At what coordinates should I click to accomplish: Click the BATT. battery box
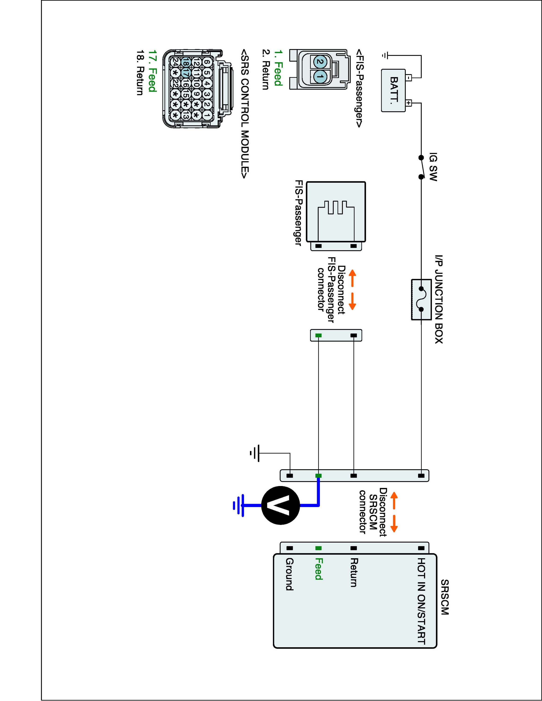pos(393,91)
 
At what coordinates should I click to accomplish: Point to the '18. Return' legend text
pos(140,72)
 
